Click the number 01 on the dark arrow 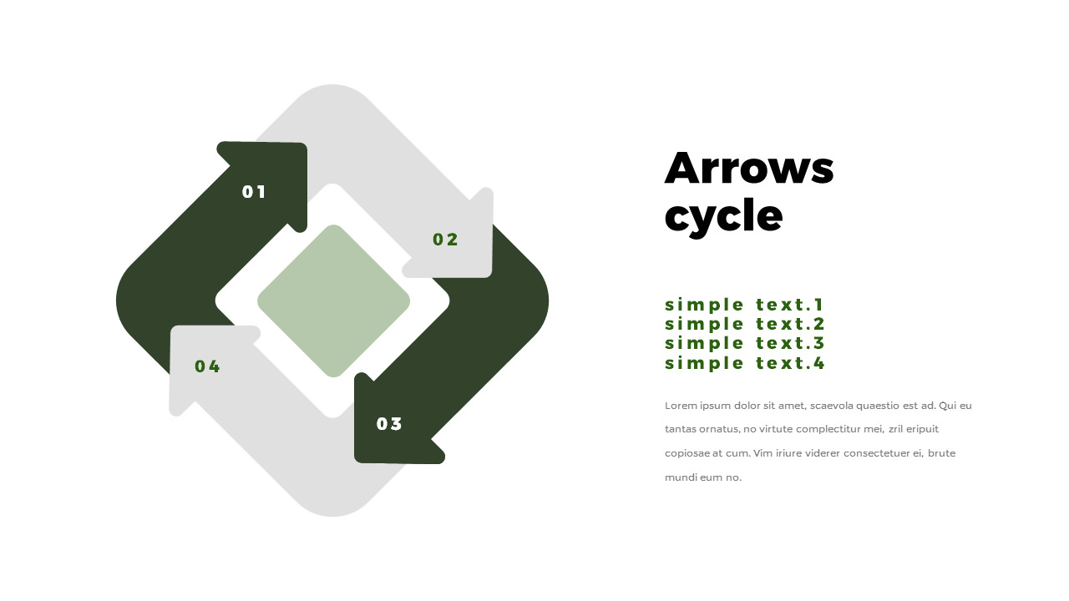tap(253, 192)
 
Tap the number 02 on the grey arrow tap(445, 240)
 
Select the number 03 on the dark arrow tap(389, 423)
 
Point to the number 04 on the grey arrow tap(207, 366)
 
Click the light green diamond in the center tap(333, 301)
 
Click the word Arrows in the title tap(749, 168)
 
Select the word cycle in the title tap(723, 217)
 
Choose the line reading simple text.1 tap(744, 305)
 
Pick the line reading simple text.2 tap(744, 324)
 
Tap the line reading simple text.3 tap(744, 343)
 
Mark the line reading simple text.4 tap(744, 363)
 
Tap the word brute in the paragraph tap(941, 453)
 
